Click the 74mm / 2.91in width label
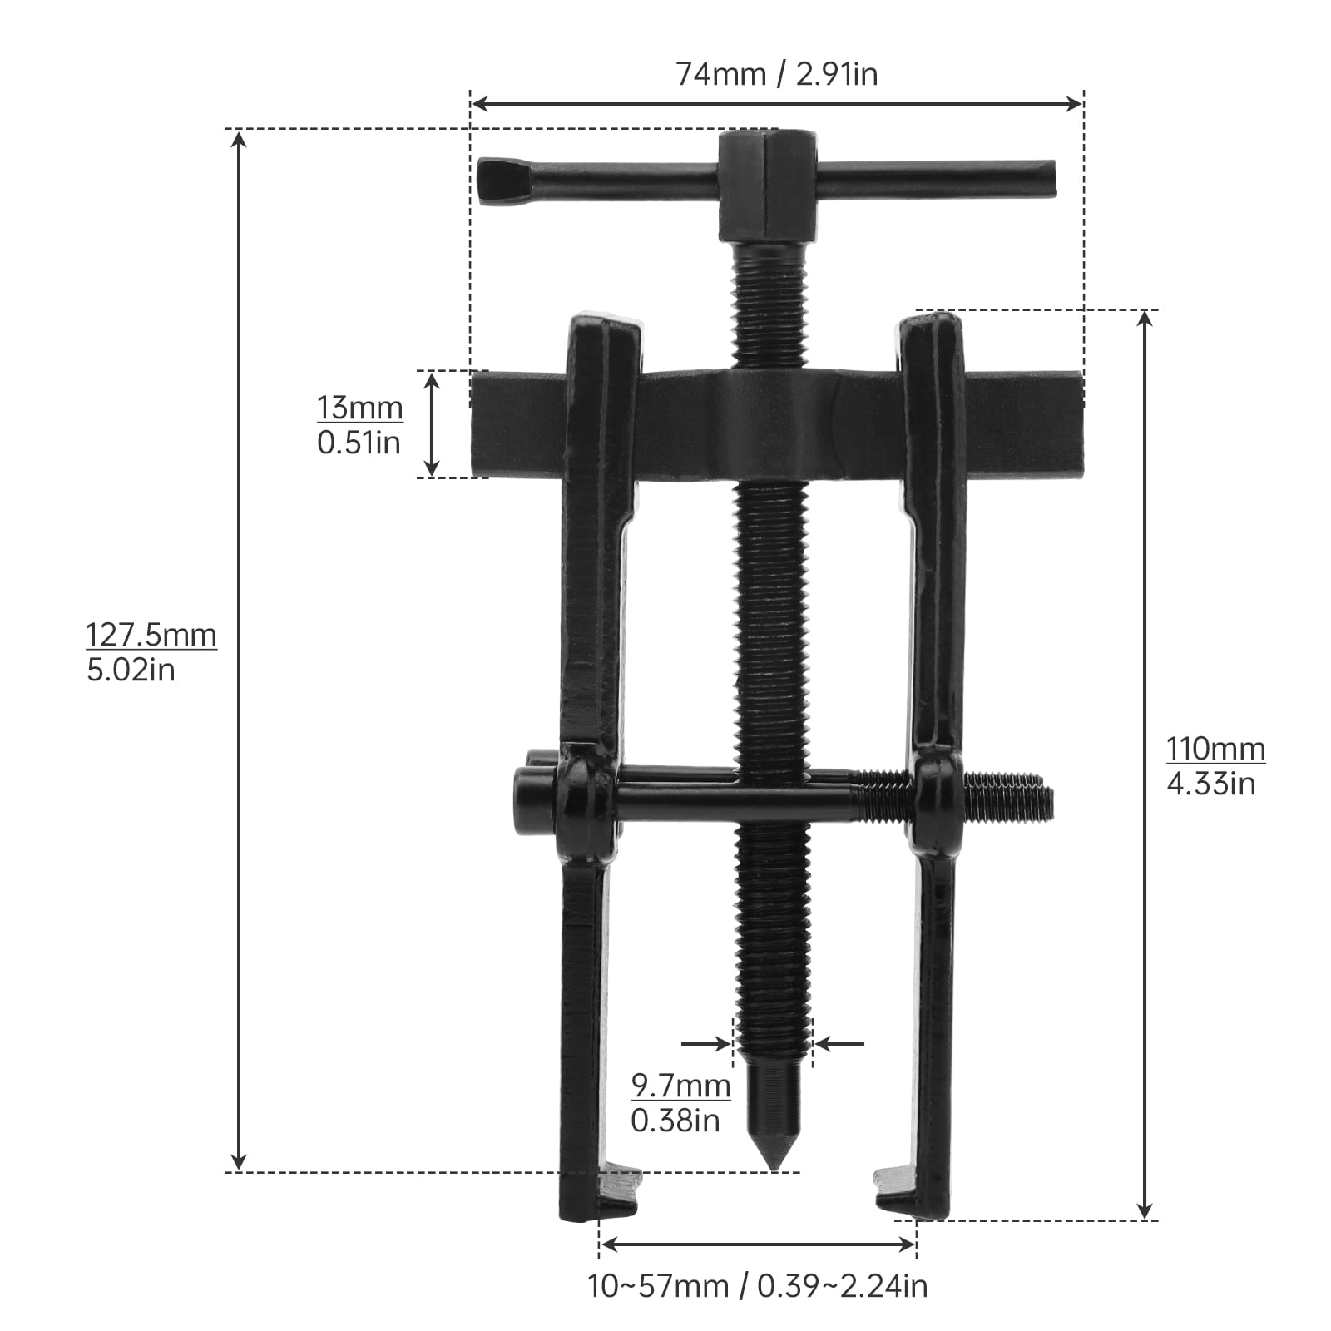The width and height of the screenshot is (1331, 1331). pyautogui.click(x=776, y=75)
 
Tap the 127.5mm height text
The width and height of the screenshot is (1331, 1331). pyautogui.click(x=151, y=636)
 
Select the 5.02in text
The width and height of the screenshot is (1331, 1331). pyautogui.click(x=131, y=670)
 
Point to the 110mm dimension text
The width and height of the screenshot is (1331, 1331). pyautogui.click(x=1215, y=749)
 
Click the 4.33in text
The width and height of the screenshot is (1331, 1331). pyautogui.click(x=1210, y=784)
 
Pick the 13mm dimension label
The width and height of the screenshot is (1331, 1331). pyautogui.click(x=359, y=408)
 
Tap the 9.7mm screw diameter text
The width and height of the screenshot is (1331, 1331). pyautogui.click(x=680, y=1086)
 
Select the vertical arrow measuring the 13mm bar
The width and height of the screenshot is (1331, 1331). pyautogui.click(x=432, y=424)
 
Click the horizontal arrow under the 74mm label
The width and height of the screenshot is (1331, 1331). pyautogui.click(x=776, y=104)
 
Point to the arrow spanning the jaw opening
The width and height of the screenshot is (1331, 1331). pyautogui.click(x=757, y=1244)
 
